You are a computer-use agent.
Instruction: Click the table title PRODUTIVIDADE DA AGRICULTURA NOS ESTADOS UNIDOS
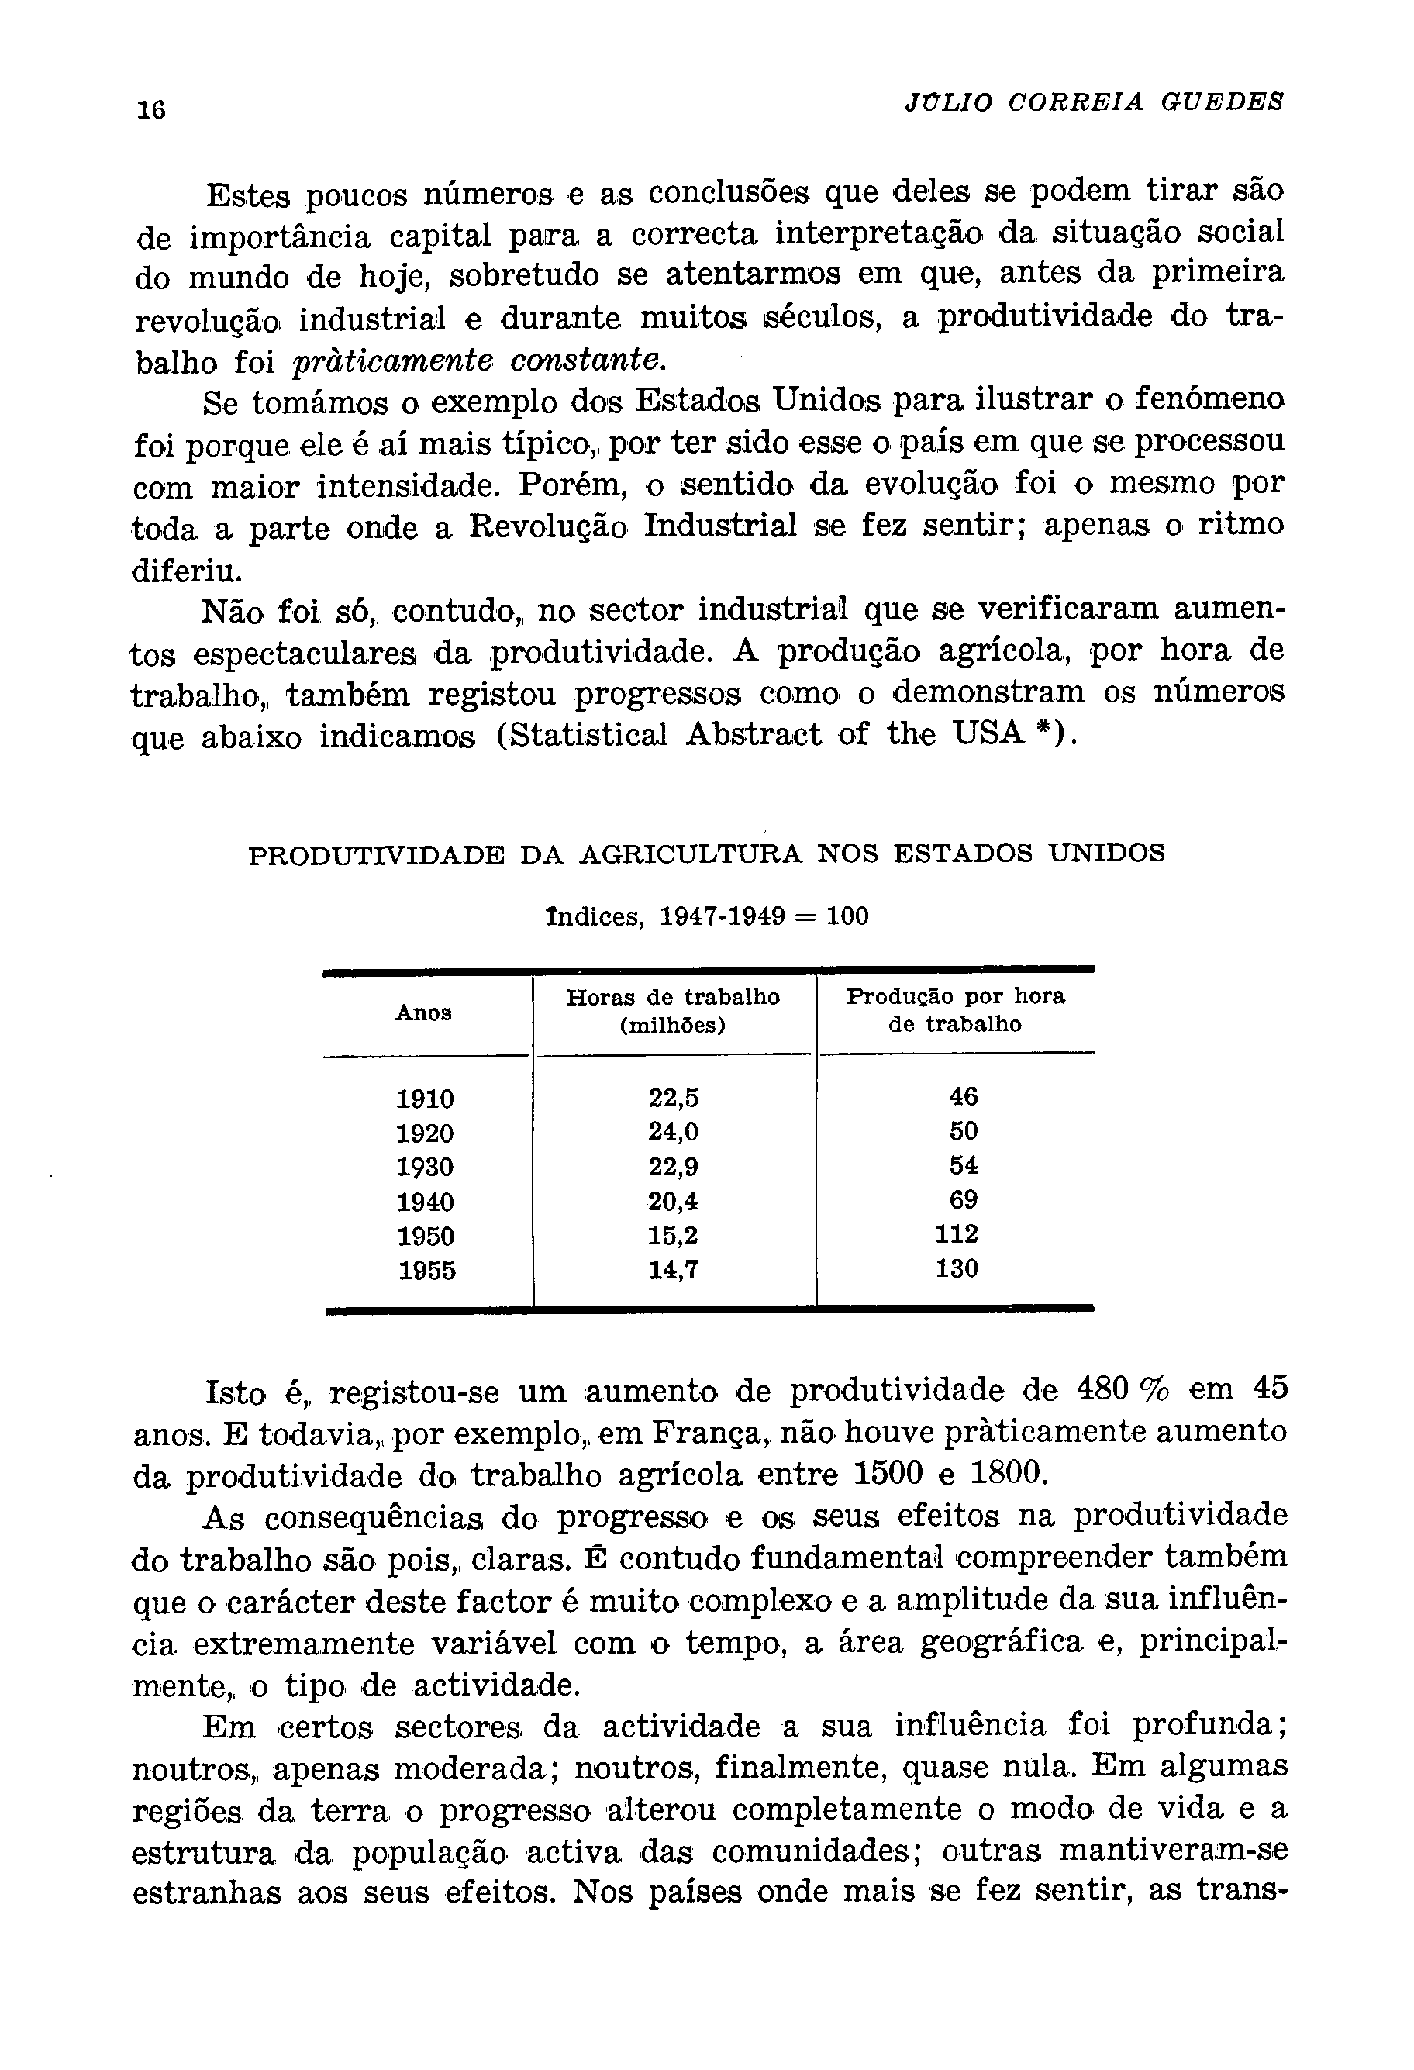[x=706, y=854]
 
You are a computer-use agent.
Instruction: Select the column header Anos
[x=424, y=1013]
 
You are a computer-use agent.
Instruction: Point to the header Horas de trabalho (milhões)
[x=673, y=1011]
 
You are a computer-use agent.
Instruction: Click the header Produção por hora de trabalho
[x=955, y=1010]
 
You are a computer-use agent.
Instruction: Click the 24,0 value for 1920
[x=673, y=1132]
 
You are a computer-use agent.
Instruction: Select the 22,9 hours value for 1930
[x=673, y=1167]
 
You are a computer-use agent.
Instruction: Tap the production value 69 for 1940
[x=964, y=1200]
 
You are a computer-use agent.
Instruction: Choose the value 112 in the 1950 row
[x=957, y=1234]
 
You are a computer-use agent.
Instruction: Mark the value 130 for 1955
[x=957, y=1268]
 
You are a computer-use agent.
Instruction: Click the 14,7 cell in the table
[x=673, y=1269]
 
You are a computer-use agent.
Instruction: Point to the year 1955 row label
[x=425, y=1270]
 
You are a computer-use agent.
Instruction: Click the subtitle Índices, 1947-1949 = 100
[x=706, y=916]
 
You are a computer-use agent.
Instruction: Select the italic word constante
[x=588, y=361]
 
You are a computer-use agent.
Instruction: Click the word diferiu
[x=185, y=570]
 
